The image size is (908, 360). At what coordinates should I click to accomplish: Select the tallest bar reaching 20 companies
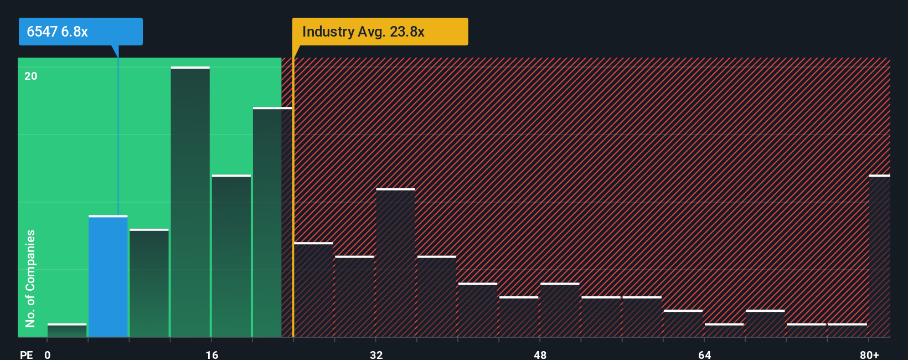point(190,202)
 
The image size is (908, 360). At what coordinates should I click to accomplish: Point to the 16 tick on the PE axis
point(212,354)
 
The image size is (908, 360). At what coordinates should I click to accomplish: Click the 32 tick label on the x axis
point(376,354)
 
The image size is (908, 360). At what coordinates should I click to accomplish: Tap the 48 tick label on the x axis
point(540,354)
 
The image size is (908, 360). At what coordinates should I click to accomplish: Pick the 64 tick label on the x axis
point(704,354)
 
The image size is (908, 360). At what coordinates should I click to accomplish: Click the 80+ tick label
point(869,354)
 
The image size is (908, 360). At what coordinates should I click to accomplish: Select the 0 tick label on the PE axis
point(48,354)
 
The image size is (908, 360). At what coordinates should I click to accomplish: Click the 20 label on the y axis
point(31,76)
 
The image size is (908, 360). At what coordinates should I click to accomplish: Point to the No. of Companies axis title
point(30,278)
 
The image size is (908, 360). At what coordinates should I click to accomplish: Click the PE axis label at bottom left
point(26,354)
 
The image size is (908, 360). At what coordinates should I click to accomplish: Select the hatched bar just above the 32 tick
point(395,263)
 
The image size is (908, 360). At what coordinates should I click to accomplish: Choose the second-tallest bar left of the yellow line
point(272,222)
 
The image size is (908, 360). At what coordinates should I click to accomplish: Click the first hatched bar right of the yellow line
point(313,290)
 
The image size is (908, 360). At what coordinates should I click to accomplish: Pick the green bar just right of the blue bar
point(149,282)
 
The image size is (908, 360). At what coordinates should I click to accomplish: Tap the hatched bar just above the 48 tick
point(560,310)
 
